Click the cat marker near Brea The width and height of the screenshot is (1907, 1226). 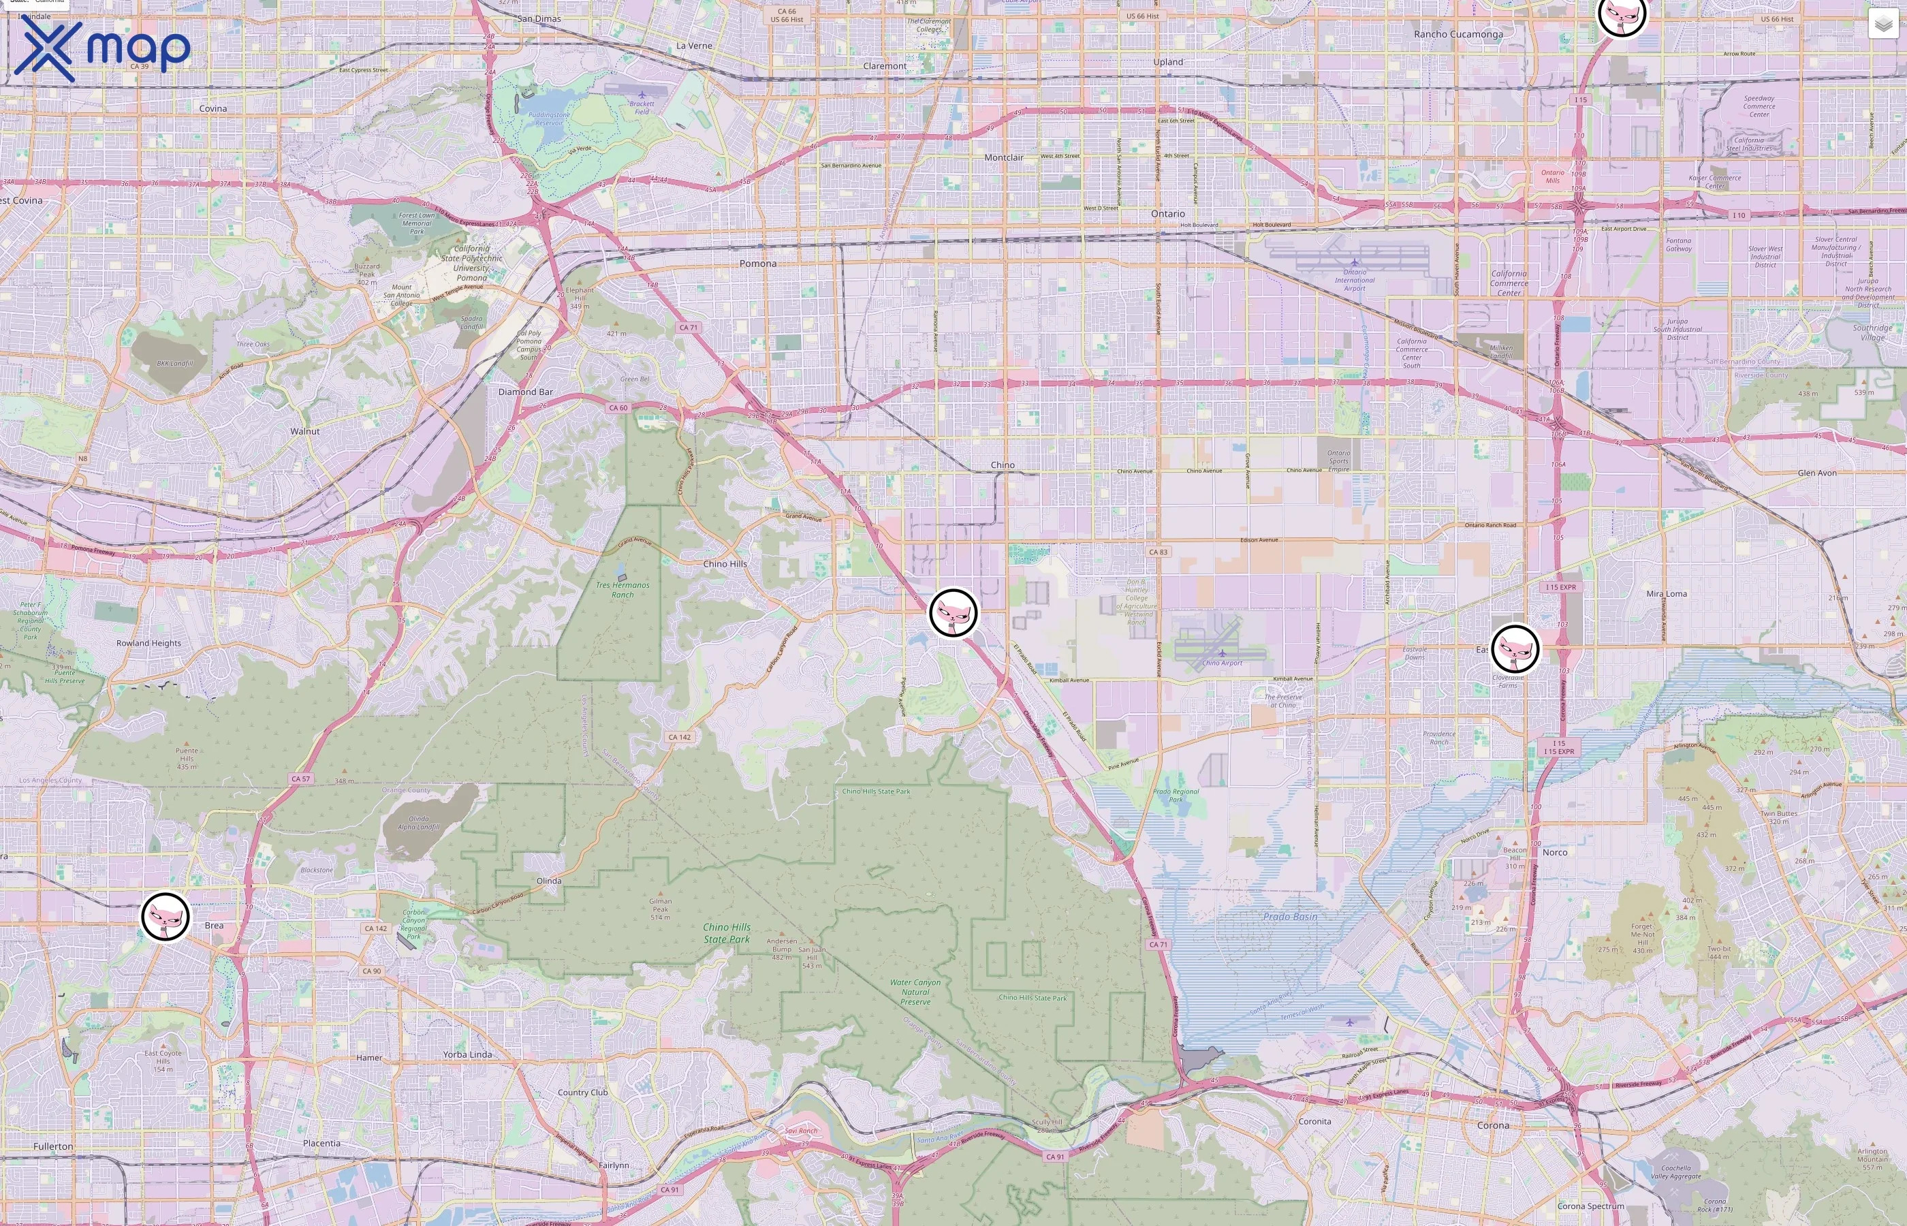click(x=166, y=916)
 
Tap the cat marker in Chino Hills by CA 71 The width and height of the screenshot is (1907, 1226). click(x=953, y=612)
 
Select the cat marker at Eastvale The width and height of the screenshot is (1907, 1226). click(x=1515, y=649)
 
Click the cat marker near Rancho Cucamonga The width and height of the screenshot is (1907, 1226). click(x=1621, y=14)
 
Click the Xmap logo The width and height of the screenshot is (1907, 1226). click(x=102, y=49)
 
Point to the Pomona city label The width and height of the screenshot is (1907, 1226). click(x=758, y=264)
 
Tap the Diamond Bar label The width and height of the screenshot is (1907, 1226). click(x=525, y=392)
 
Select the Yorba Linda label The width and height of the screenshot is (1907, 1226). click(x=467, y=1054)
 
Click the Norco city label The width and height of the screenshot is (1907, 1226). click(x=1554, y=852)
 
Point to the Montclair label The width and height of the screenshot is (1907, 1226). click(x=1004, y=157)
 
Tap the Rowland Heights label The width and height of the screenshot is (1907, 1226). click(x=149, y=643)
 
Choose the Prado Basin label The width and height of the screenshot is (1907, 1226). click(x=1290, y=916)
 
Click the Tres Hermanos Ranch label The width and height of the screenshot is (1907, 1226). click(x=622, y=590)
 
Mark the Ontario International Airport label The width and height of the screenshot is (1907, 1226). click(x=1355, y=279)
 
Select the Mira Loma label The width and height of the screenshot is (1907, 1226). click(x=1667, y=594)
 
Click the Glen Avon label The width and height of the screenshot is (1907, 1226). click(x=1817, y=473)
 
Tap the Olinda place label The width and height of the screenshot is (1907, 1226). click(x=549, y=881)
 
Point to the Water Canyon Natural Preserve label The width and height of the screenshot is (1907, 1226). click(x=915, y=992)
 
